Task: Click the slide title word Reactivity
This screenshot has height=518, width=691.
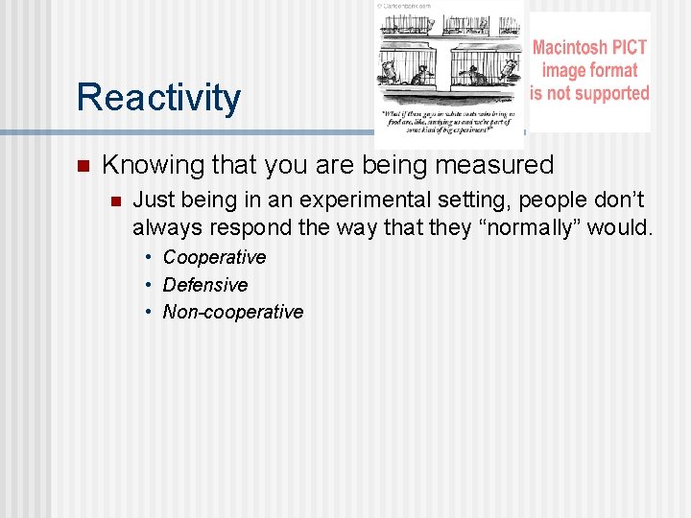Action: coord(158,98)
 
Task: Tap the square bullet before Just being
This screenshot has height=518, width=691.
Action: coord(113,201)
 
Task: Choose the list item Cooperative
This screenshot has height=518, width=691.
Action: coord(214,257)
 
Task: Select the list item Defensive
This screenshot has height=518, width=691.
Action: coord(205,285)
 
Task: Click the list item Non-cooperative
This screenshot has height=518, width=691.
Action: coord(233,312)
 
